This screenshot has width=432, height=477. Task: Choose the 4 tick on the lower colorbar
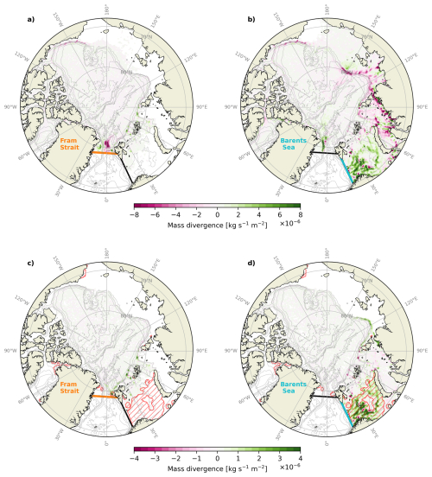pos(300,455)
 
